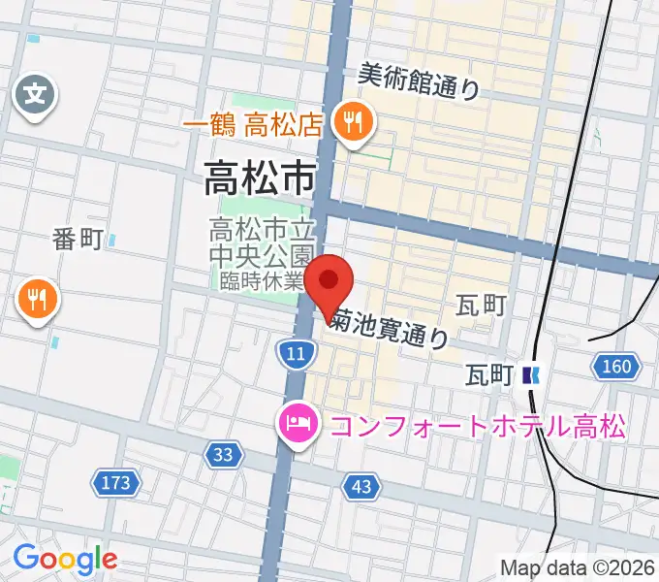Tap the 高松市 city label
[x=260, y=178]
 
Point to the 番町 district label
[x=78, y=240]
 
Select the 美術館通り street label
[x=419, y=81]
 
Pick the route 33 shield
[x=224, y=453]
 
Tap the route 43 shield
[x=361, y=488]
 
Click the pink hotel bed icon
[x=295, y=424]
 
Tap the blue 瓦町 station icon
[x=529, y=373]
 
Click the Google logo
[x=64, y=558]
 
